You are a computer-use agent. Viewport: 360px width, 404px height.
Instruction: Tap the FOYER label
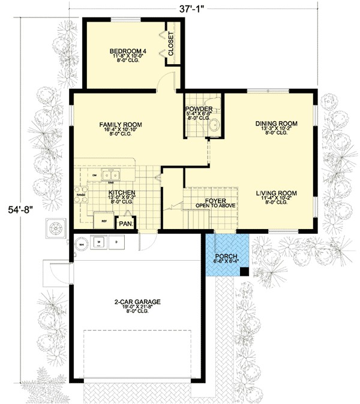pyautogui.click(x=214, y=201)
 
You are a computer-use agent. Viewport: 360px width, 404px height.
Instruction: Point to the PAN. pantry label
pyautogui.click(x=125, y=224)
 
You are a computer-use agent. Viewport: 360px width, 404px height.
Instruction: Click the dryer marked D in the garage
pyautogui.click(x=117, y=243)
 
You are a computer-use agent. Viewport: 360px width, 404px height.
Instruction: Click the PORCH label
pyautogui.click(x=227, y=256)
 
